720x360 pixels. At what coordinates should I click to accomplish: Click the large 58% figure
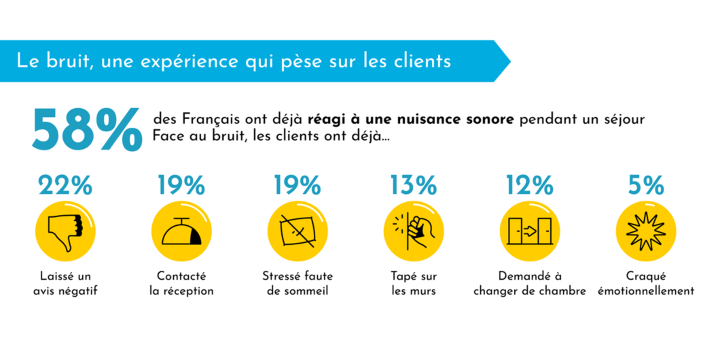[x=86, y=130]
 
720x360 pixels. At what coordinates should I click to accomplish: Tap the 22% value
[x=65, y=185]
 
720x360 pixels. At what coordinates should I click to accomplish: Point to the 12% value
[x=529, y=185]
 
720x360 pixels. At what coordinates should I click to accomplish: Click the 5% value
[x=646, y=185]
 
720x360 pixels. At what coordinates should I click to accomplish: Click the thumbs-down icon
[x=65, y=231]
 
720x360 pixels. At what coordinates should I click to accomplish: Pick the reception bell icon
[x=181, y=231]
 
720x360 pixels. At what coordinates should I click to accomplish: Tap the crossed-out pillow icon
[x=297, y=231]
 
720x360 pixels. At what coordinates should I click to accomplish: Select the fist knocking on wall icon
[x=413, y=231]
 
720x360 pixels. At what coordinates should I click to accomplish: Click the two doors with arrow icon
[x=529, y=231]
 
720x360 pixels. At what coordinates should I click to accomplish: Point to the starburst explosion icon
[x=646, y=231]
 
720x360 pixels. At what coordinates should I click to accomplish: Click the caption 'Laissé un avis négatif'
[x=65, y=283]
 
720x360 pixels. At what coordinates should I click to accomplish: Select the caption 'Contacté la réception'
[x=181, y=283]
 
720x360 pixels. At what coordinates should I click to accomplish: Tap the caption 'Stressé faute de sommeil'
[x=297, y=283]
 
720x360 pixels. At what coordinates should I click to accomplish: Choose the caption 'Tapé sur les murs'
[x=413, y=283]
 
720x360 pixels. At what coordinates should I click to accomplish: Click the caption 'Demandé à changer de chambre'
[x=529, y=283]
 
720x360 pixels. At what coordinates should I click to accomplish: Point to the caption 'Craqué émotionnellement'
[x=646, y=283]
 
